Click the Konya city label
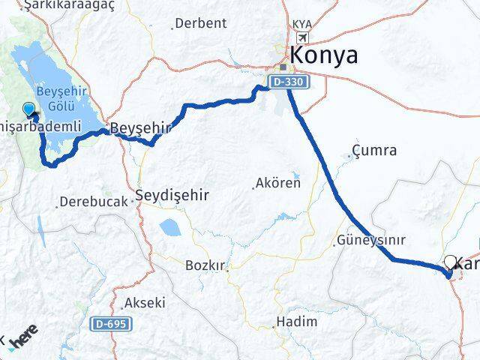click(323, 55)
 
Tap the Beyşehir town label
click(140, 129)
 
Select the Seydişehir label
click(172, 196)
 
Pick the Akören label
click(278, 182)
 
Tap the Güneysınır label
click(370, 241)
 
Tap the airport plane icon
click(303, 38)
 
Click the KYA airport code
click(303, 25)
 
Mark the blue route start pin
click(29, 109)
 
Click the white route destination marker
click(451, 262)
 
